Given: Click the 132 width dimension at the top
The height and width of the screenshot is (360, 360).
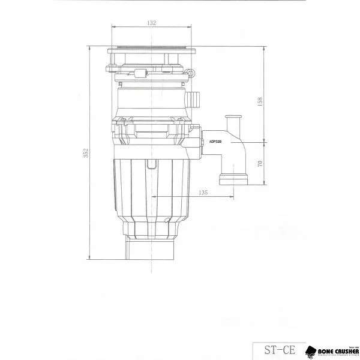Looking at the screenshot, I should [151, 23].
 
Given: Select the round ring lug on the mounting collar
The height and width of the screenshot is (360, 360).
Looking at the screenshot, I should [192, 73].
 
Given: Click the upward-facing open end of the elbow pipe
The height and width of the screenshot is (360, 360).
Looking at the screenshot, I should [233, 118].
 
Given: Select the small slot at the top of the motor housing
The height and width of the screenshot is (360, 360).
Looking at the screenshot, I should [151, 164].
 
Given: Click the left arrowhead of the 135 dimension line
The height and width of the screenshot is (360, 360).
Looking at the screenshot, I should [154, 197].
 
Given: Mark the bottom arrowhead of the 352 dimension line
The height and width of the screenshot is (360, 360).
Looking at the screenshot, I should [91, 259].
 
